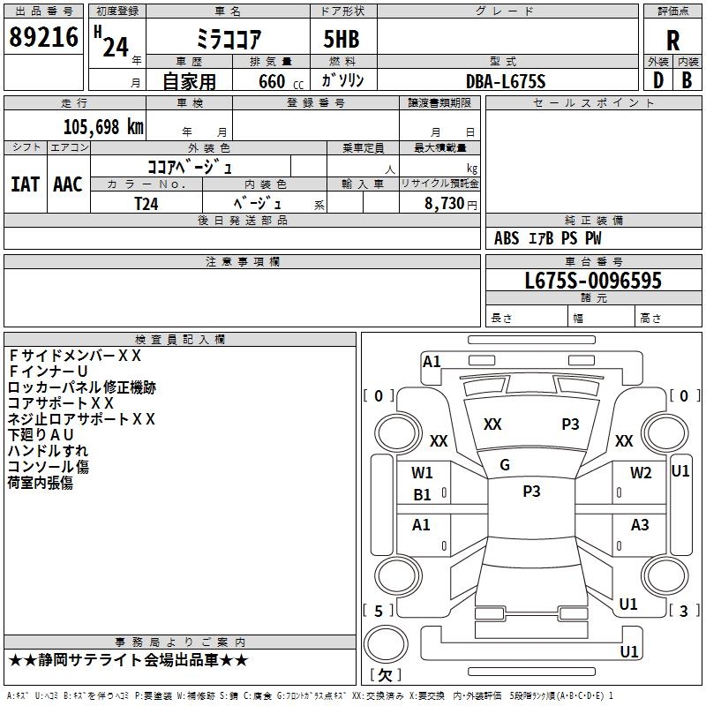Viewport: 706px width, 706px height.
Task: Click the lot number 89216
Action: [42, 38]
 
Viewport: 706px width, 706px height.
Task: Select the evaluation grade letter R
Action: [672, 40]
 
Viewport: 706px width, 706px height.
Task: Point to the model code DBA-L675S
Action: [506, 81]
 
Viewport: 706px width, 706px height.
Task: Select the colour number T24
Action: [146, 203]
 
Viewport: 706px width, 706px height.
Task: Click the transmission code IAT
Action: [25, 184]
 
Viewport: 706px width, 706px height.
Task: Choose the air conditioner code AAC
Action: [68, 184]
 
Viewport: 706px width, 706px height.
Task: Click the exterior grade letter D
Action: [657, 80]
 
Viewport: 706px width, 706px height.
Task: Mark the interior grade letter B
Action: [687, 80]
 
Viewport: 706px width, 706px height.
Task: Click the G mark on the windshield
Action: [505, 465]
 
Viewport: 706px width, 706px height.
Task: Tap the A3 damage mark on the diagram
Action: [640, 525]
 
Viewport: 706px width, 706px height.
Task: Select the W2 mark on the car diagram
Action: [641, 473]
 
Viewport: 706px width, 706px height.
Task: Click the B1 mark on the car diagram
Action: [423, 495]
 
